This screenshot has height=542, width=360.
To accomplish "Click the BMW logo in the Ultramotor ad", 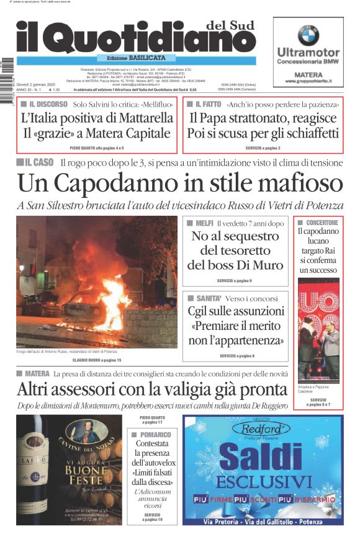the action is point(308,35).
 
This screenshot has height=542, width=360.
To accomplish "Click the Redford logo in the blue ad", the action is point(265,428).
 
